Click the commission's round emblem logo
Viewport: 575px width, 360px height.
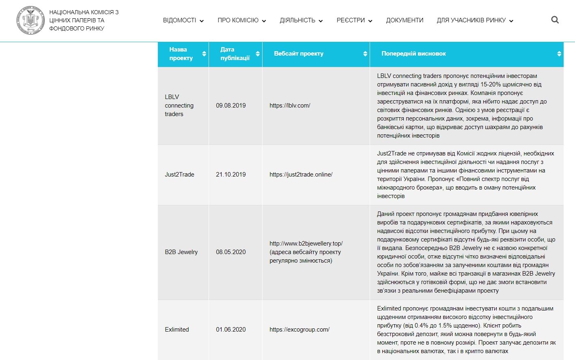[x=30, y=20]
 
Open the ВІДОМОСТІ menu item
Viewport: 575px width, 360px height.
[x=183, y=20]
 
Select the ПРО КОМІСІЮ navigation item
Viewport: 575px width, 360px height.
[x=241, y=20]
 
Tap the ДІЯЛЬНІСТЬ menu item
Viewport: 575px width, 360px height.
[x=301, y=20]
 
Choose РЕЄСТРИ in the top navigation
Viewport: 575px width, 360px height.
[x=354, y=20]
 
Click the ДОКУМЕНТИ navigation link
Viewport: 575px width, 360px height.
[x=405, y=20]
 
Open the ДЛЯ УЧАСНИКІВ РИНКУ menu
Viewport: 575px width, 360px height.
[x=474, y=20]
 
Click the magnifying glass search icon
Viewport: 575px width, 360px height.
[x=555, y=20]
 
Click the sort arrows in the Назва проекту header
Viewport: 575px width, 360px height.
[x=204, y=54]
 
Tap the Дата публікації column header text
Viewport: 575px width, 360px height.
[x=235, y=54]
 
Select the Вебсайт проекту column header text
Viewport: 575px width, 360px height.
[x=299, y=54]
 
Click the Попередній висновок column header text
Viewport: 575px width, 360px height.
[x=413, y=54]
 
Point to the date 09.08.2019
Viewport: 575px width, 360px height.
[x=231, y=106]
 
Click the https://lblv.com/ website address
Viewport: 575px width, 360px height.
[x=290, y=106]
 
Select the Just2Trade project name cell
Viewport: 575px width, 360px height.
[x=179, y=175]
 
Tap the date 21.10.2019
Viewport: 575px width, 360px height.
[x=231, y=175]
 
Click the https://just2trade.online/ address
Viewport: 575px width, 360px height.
[x=301, y=175]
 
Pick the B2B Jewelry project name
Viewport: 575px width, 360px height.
[x=181, y=252]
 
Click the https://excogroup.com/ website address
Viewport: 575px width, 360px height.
[x=299, y=330]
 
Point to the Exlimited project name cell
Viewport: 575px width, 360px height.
[x=177, y=330]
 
